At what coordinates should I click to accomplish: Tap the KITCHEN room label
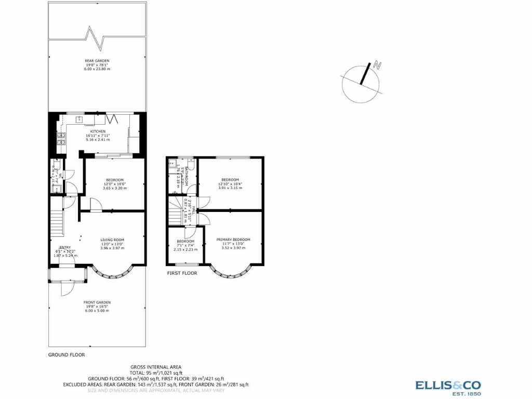[x=96, y=131]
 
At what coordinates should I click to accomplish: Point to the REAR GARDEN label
[x=97, y=61]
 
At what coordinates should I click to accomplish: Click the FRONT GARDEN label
[x=97, y=302]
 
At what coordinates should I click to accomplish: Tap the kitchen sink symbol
[x=79, y=119]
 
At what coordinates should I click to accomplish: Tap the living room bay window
[x=112, y=273]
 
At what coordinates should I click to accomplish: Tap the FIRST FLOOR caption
[x=182, y=273]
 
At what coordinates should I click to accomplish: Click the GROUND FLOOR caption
[x=66, y=355]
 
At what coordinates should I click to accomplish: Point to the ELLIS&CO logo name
[x=448, y=385]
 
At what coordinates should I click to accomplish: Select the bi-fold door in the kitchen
[x=116, y=119]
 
